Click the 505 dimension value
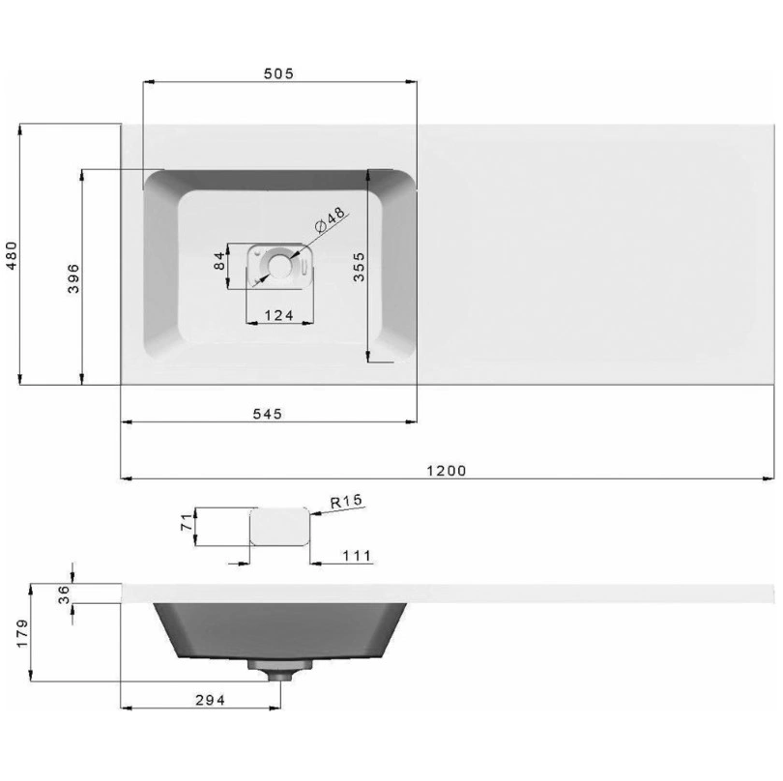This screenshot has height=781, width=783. (278, 73)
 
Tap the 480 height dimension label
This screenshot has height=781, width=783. (11, 255)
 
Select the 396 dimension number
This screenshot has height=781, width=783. (73, 278)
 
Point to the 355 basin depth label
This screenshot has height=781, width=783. (359, 267)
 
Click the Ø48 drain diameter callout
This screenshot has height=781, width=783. (330, 219)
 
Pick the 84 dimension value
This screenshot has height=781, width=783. (219, 261)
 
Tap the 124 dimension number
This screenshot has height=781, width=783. (278, 316)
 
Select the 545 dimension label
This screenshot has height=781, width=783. (268, 414)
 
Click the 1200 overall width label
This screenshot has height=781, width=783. (447, 471)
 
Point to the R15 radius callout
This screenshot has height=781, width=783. (347, 502)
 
